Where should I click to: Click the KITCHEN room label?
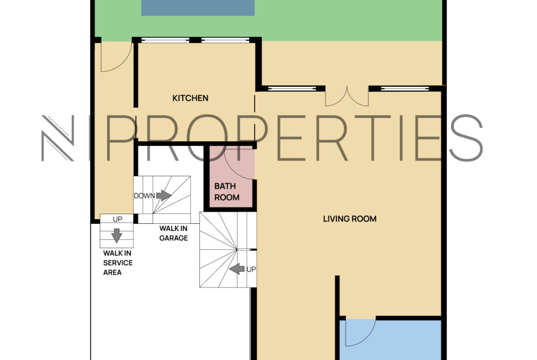(x=190, y=98)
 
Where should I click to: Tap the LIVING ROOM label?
(x=350, y=219)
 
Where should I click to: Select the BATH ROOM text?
(x=227, y=192)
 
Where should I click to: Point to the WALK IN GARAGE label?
(x=173, y=233)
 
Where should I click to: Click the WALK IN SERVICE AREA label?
(x=118, y=263)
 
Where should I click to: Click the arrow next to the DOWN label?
(x=164, y=195)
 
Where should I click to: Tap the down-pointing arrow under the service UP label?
(x=117, y=235)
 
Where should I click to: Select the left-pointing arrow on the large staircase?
(x=237, y=269)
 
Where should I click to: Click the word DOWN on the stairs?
(x=144, y=196)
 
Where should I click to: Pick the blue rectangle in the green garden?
(x=198, y=7)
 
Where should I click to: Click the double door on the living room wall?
(x=347, y=96)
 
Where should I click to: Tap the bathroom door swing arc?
(x=239, y=164)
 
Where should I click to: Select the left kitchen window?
(x=165, y=40)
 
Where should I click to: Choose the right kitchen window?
(x=225, y=40)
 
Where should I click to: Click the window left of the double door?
(x=292, y=89)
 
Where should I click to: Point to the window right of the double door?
(x=405, y=89)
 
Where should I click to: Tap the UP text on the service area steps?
(x=117, y=219)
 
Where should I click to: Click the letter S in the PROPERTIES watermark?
(x=465, y=138)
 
